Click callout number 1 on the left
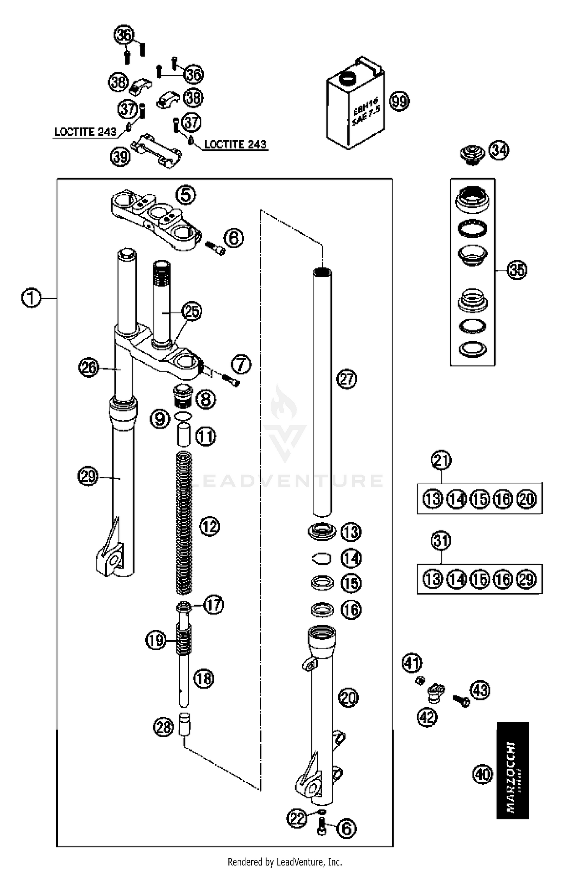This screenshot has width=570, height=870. click(x=31, y=298)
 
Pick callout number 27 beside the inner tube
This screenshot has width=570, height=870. click(x=347, y=379)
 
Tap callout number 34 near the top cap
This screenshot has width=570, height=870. click(x=499, y=151)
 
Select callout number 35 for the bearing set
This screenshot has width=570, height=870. click(x=517, y=270)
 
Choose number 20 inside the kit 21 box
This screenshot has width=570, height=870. click(x=527, y=499)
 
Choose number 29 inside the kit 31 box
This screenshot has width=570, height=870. click(x=527, y=579)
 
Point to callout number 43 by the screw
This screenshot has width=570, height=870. click(x=480, y=690)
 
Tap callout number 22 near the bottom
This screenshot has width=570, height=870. click(x=297, y=818)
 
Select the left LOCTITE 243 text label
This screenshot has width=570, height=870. click(x=85, y=132)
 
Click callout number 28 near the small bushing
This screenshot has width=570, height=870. click(x=163, y=727)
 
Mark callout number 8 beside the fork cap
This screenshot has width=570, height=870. click(x=206, y=399)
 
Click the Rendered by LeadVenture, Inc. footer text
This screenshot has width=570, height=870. click(x=285, y=861)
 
